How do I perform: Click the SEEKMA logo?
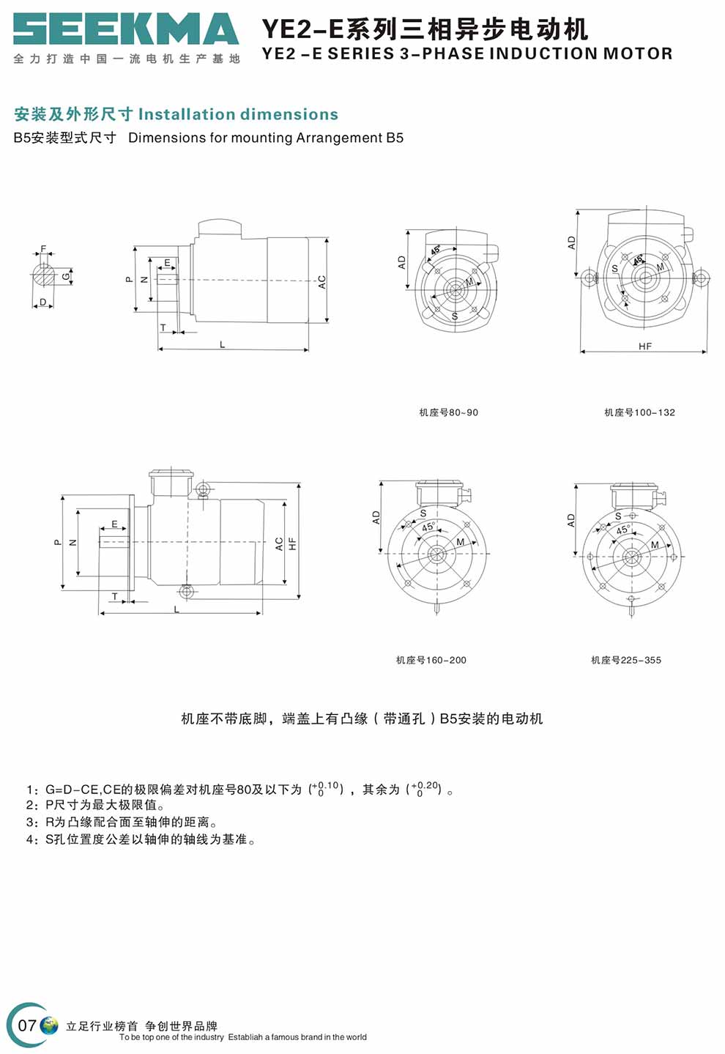point(126,29)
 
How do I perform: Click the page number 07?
point(26,1025)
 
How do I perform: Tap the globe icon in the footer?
point(49,1025)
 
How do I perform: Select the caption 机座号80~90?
point(448,412)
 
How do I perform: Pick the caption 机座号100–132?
point(639,412)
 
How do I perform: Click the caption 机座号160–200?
point(431,660)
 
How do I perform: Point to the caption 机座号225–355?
point(625,660)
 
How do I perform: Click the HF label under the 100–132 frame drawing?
point(644,346)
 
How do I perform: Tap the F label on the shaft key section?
point(43,249)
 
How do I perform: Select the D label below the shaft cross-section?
point(42,302)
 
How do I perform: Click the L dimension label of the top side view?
point(222,344)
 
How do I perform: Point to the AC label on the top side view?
point(321,282)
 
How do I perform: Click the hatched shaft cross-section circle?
point(43,275)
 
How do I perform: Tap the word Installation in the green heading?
point(187,114)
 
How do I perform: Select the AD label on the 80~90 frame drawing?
point(402,262)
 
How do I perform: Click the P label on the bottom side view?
point(58,542)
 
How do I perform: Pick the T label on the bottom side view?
point(115,596)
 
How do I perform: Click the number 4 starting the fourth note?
point(29,840)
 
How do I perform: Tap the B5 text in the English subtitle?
point(395,138)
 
